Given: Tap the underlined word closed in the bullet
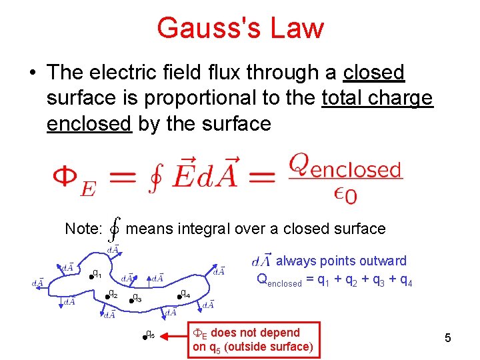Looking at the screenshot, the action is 374,72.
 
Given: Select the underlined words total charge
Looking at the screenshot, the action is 377,98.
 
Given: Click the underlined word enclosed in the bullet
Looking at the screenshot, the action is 89,123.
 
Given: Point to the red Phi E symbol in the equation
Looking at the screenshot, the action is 73,180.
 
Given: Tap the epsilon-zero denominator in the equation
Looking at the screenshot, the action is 345,194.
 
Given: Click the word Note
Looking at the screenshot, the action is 83,229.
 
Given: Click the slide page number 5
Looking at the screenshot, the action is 448,338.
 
